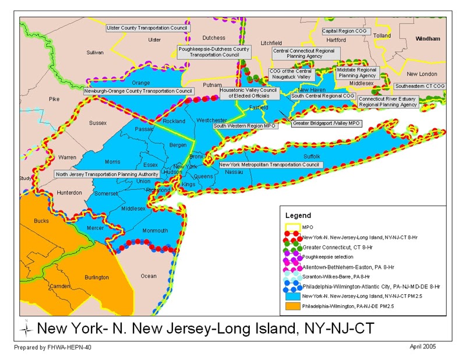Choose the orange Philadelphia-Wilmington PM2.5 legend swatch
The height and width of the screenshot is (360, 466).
tap(293, 306)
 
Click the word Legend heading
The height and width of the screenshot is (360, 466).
tap(298, 215)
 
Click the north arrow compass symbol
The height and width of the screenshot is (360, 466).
tap(26, 328)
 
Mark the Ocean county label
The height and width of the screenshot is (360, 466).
tap(149, 276)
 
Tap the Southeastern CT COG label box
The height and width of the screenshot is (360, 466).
tap(419, 86)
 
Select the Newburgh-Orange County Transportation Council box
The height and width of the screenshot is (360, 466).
tap(138, 91)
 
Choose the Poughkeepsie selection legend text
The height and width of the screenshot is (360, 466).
tap(329, 256)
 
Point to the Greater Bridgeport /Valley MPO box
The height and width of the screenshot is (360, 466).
tap(327, 123)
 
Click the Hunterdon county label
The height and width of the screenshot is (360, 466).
tap(69, 192)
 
